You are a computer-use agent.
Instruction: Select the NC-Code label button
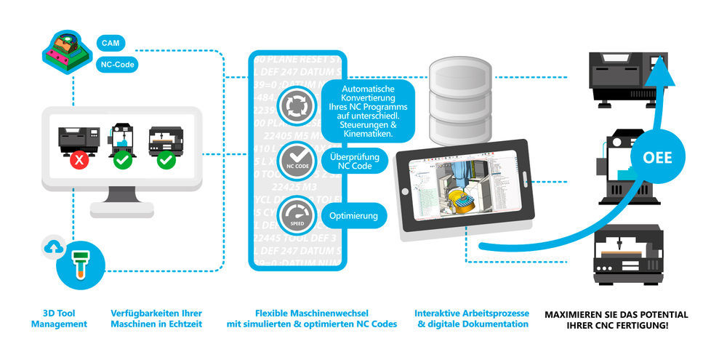116,64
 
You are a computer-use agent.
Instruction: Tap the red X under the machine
79,159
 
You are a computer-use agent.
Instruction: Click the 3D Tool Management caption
59,319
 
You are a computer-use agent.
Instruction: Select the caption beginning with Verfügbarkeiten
157,319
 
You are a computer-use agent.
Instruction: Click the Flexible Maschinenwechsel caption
316,319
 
